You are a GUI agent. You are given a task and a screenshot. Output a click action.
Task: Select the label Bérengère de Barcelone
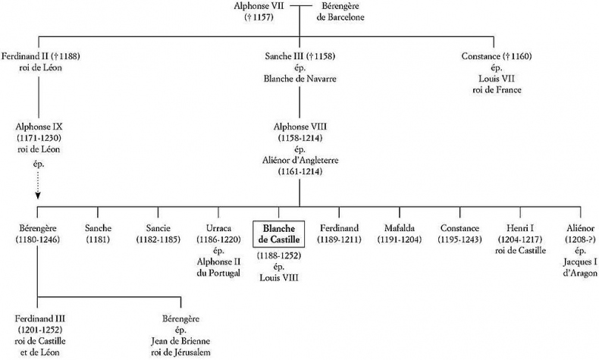click(x=343, y=13)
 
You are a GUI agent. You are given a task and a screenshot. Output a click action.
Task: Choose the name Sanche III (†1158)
click(x=299, y=57)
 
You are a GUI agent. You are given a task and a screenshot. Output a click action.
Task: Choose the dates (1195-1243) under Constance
click(x=460, y=240)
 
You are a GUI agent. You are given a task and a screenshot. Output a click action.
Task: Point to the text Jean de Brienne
click(x=181, y=341)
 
